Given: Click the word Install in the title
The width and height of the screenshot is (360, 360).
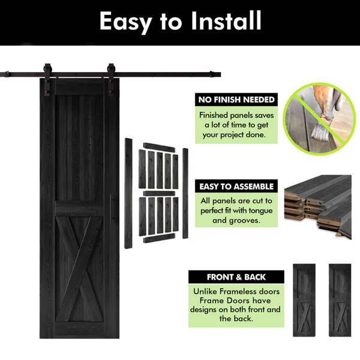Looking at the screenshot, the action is pos(226,20).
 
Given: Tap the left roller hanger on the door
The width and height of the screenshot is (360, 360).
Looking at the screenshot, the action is pos(47,79).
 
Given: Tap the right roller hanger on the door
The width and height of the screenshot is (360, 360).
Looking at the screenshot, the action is pos(111,79).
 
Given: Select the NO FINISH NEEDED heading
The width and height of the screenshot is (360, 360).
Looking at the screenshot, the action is pos(236,100).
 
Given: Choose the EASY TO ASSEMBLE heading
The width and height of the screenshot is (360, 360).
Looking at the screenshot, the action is pos(236,187).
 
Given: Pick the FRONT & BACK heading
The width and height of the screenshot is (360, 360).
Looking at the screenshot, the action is pos(236,277).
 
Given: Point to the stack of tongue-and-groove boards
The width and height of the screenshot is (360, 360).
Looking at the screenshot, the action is pos(318,206).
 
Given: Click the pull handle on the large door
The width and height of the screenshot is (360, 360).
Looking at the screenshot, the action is pos(110,208).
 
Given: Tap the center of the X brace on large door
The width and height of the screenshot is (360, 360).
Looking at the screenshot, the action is pos(79,268).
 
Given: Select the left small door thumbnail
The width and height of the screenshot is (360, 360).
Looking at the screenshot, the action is pos(304,300).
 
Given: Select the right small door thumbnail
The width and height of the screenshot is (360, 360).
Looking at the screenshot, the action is pos(340,300).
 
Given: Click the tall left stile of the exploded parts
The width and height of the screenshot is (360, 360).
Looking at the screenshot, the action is pos(128,193).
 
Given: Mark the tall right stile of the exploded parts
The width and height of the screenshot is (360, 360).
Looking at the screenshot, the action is pos(185,193).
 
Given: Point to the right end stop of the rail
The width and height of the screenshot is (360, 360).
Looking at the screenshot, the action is pos(211,74).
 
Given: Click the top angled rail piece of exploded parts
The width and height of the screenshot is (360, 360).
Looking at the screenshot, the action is pos(159,148).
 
